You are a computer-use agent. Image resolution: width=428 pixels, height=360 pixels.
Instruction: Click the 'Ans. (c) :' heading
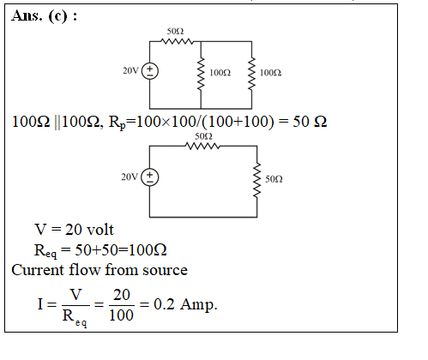45,15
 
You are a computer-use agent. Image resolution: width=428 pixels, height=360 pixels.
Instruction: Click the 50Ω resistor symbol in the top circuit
177,42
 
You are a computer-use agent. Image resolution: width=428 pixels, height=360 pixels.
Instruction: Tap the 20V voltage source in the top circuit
150,71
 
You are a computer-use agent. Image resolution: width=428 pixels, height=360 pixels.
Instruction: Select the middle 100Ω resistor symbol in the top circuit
201,74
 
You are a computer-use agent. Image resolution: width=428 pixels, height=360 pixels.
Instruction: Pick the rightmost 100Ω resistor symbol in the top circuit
251,74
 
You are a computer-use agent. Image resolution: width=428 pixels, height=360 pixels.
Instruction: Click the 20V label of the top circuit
130,70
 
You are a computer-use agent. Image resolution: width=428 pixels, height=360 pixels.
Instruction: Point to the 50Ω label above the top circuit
175,31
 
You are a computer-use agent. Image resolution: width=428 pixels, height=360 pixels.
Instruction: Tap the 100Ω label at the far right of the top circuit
270,73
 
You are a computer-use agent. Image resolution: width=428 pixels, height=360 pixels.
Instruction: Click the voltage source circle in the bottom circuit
150,177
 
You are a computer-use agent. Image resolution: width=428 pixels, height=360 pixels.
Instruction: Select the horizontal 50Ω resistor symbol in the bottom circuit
202,146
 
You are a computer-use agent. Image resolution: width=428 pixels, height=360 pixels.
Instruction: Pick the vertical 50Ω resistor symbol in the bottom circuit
257,180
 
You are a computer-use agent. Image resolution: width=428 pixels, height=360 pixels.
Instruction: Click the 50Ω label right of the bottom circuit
274,179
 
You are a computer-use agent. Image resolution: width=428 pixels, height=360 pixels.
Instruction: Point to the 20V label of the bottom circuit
130,177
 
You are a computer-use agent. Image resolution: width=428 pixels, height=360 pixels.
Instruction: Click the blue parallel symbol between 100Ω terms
57,122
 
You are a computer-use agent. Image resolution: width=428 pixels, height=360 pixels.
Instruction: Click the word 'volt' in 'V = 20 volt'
100,230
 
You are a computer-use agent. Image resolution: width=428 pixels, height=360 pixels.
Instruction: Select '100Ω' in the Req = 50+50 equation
148,250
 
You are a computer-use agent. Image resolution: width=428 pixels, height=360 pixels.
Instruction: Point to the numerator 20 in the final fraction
122,295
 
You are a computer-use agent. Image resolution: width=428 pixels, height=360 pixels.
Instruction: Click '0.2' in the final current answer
164,304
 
